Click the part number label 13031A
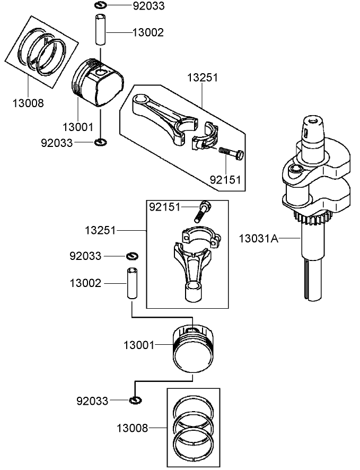(x=258, y=239)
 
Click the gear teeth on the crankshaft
(x=313, y=216)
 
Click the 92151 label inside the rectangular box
(x=164, y=206)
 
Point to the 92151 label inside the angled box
(x=225, y=180)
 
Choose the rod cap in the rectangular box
(x=199, y=235)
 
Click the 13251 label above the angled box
(x=202, y=77)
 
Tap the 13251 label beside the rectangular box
(x=101, y=230)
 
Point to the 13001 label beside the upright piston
(x=139, y=345)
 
